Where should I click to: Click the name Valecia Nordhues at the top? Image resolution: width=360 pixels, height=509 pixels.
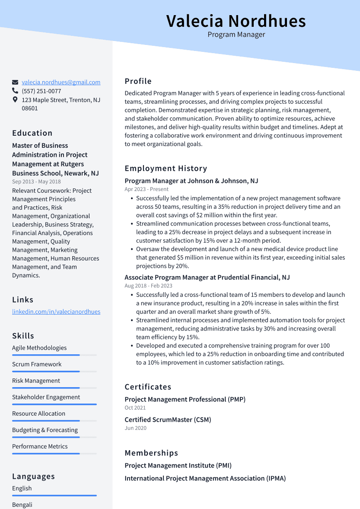tap(236, 21)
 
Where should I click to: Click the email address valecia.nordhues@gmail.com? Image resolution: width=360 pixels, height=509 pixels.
tap(61, 82)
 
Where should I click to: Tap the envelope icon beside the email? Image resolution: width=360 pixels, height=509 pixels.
tap(15, 82)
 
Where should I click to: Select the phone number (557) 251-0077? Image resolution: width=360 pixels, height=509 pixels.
tap(41, 91)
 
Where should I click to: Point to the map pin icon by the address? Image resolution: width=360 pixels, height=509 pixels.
tap(15, 100)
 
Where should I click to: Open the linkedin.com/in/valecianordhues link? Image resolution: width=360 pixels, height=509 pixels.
tap(56, 312)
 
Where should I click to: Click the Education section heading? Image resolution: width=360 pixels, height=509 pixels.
tap(32, 133)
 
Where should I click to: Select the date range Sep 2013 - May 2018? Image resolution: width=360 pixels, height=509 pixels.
tap(36, 182)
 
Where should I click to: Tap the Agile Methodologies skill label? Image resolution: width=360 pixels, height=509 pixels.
tap(39, 348)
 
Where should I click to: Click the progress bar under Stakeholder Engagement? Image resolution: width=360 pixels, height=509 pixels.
tap(54, 404)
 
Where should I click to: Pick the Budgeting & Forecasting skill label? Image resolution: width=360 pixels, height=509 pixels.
tap(45, 430)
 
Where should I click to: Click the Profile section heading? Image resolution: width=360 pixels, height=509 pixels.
tap(138, 81)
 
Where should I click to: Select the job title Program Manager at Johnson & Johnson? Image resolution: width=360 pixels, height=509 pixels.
tap(191, 181)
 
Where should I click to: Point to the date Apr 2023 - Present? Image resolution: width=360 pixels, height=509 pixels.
tap(147, 189)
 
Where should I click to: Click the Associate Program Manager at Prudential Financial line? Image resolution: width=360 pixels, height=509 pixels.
tap(207, 277)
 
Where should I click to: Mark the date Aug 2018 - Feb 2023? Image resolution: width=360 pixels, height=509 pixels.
tap(148, 286)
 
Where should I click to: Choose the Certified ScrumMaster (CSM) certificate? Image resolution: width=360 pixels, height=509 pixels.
tap(168, 420)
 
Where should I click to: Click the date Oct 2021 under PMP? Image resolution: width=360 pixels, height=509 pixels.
tap(135, 407)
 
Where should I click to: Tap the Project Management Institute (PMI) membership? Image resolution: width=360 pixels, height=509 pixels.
tap(178, 465)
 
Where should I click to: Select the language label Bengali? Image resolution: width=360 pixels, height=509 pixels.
tap(22, 505)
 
